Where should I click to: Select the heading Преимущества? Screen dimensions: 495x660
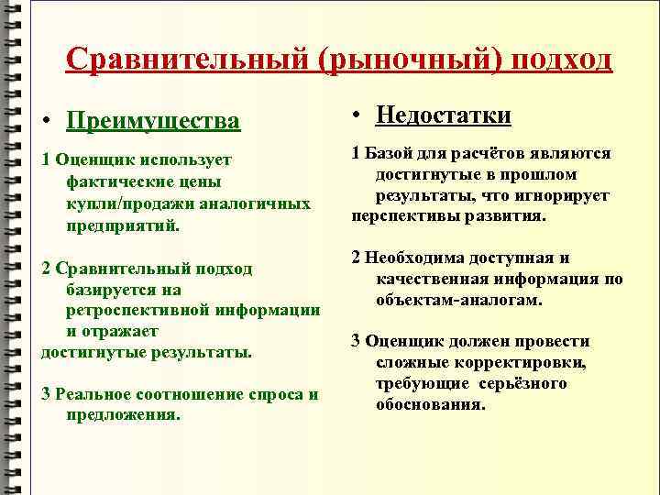click(154, 121)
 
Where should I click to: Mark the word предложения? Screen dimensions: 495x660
click(123, 414)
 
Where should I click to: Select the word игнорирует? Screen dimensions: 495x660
click(567, 195)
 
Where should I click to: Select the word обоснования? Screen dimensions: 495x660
click(430, 404)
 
